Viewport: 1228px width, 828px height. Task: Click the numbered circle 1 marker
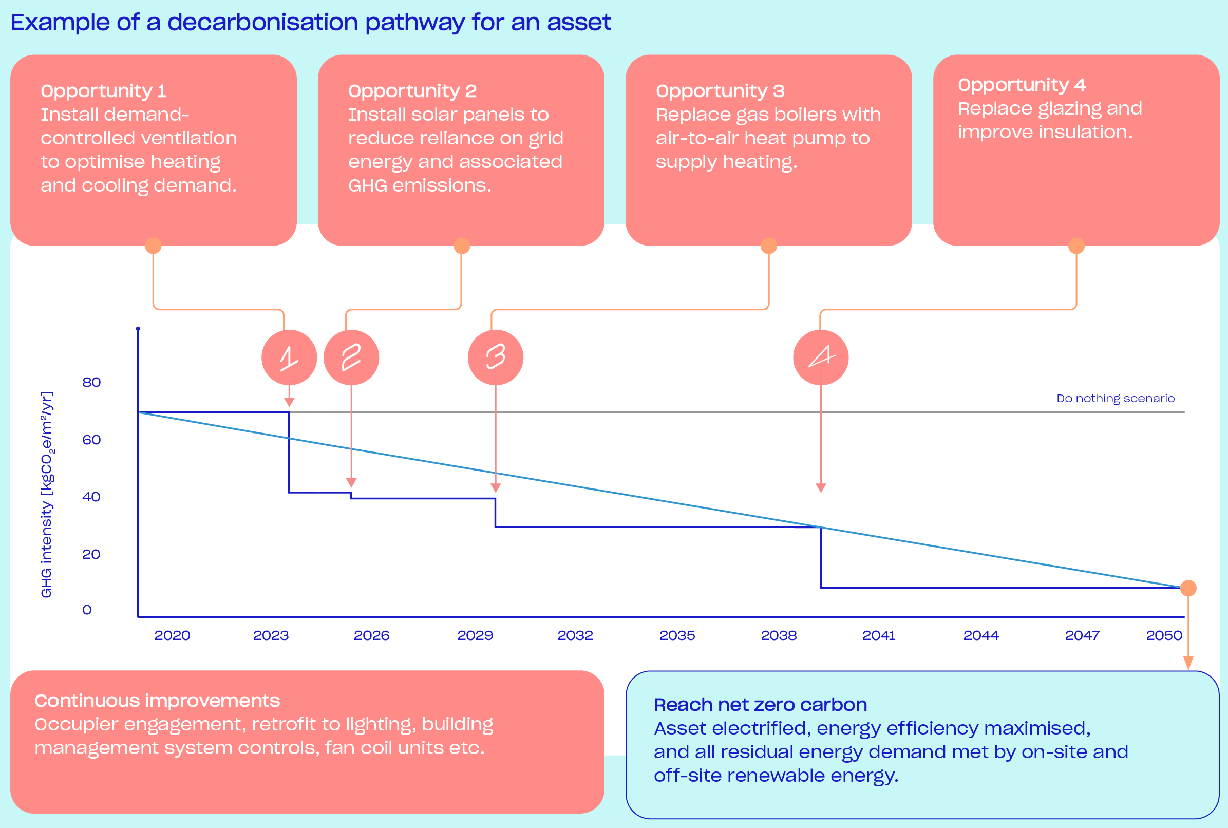coord(289,357)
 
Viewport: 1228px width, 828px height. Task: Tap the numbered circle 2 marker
coord(351,357)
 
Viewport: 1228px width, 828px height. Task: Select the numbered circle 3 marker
coord(495,357)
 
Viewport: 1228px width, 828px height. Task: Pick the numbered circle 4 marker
coord(820,357)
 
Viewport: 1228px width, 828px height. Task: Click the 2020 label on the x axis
coord(172,635)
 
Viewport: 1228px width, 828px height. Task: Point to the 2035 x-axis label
coord(677,635)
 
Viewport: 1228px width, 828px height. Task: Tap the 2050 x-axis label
coord(1164,635)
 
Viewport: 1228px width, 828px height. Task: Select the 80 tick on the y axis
coord(91,382)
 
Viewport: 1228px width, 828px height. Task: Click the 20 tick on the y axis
coord(91,554)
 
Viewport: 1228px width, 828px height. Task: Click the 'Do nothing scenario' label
coord(1115,399)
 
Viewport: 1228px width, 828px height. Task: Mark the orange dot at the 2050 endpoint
coord(1188,588)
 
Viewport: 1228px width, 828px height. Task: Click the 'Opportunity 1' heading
coord(103,91)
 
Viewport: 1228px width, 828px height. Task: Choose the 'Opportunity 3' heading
coord(720,91)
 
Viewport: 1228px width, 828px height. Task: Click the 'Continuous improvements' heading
coord(157,701)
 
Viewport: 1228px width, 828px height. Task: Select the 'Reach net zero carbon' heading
coord(760,705)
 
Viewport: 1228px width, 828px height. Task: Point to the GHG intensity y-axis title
coord(47,495)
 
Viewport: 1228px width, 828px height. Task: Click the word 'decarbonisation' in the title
coord(262,22)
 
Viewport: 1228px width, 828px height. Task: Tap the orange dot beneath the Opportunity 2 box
coord(461,246)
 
